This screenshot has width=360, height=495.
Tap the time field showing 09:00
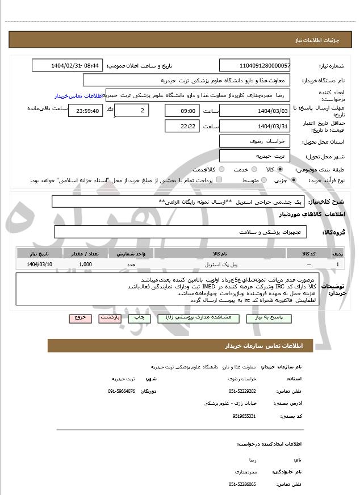tap(182, 111)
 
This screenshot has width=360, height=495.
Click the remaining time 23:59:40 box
tap(85, 111)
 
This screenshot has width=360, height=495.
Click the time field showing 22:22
tap(182, 126)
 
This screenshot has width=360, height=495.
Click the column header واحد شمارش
tap(134, 254)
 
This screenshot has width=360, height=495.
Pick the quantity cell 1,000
tap(86, 265)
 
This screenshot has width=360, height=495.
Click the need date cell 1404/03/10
tap(40, 265)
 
